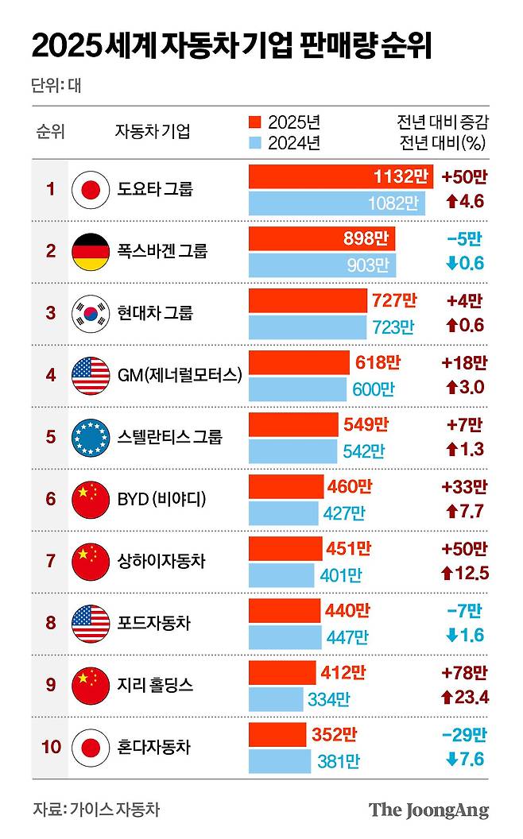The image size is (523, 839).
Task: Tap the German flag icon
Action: tap(90, 251)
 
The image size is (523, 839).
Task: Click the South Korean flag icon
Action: tap(90, 313)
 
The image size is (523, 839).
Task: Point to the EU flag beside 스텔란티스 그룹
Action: tap(90, 436)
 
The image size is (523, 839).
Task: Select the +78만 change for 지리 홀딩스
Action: tap(463, 673)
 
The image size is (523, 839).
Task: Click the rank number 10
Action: tap(51, 747)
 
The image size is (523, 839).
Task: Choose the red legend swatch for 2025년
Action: tap(254, 122)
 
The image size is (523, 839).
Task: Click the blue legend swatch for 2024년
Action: tap(254, 143)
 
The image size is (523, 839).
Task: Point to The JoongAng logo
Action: tap(428, 810)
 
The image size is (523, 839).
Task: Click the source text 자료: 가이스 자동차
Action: tap(96, 810)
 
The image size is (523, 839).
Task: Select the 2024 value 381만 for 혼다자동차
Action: tap(339, 761)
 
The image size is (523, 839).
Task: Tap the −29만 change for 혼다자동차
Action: tap(463, 735)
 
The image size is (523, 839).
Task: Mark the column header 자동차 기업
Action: tap(153, 132)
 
